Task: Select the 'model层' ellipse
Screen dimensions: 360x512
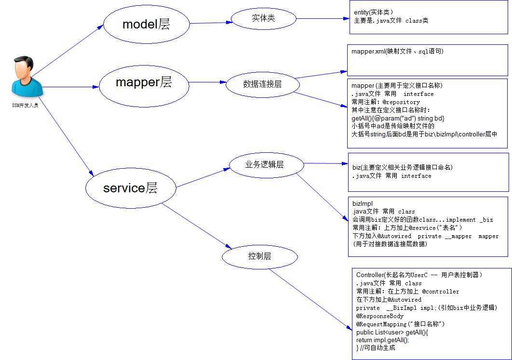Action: point(146,24)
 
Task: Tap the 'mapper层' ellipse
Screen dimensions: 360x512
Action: point(143,82)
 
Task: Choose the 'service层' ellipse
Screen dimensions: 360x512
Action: point(130,188)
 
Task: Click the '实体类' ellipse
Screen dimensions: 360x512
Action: point(263,18)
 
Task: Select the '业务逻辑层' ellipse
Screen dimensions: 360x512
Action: point(267,165)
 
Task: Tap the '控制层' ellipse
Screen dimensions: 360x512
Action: point(259,256)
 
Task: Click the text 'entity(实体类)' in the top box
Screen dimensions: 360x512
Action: point(373,13)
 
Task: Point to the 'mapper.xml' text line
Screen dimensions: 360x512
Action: point(397,51)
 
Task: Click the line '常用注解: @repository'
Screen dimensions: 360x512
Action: point(386,102)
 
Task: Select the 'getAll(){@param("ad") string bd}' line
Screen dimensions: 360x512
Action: point(398,118)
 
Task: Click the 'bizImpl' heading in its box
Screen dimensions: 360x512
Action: point(362,203)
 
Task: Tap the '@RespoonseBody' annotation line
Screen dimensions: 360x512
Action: point(380,316)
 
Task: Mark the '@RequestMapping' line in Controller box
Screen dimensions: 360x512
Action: point(400,324)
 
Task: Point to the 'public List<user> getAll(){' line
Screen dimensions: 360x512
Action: point(392,332)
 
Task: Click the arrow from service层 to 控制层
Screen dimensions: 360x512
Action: point(193,226)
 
